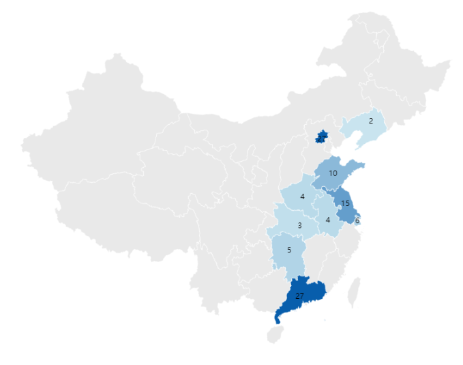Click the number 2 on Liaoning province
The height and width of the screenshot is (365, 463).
[x=370, y=121]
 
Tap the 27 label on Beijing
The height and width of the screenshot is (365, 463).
[x=320, y=138]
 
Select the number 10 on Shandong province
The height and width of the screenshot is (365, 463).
[x=333, y=173]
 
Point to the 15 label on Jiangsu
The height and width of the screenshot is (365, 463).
[x=345, y=203]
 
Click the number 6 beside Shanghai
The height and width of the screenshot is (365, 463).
[x=357, y=220]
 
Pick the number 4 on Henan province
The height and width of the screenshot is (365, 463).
[x=302, y=197]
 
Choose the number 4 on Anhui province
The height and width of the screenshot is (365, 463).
[x=328, y=220]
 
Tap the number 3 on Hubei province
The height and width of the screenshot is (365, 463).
[x=299, y=225]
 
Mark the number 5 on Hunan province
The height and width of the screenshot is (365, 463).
[x=289, y=250]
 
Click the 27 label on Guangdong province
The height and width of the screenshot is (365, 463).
[x=300, y=295]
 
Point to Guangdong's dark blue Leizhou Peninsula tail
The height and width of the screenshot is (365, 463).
[x=278, y=317]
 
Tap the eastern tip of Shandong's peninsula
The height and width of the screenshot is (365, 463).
[x=363, y=164]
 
